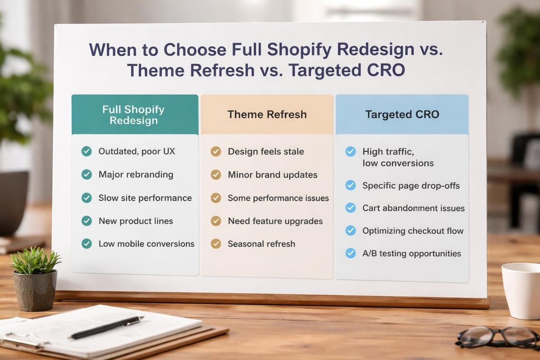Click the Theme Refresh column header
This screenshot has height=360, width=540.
click(x=267, y=114)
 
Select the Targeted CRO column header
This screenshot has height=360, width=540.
click(x=402, y=114)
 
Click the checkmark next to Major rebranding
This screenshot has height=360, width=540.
click(x=86, y=175)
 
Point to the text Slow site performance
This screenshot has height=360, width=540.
click(x=145, y=198)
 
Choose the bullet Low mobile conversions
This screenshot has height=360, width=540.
click(x=146, y=244)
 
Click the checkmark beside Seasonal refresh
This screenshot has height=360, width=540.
click(x=216, y=244)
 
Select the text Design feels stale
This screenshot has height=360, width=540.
click(x=265, y=152)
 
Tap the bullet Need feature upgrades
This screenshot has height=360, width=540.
click(x=275, y=221)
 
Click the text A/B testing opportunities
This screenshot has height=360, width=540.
click(x=411, y=253)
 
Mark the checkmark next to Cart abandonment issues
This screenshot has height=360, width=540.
click(x=351, y=208)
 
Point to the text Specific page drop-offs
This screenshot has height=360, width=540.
click(x=411, y=185)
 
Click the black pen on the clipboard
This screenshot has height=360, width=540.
click(x=107, y=327)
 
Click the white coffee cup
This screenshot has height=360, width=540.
click(x=522, y=290)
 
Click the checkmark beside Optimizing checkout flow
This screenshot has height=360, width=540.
click(x=351, y=231)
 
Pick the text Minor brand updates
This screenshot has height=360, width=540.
click(x=272, y=175)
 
